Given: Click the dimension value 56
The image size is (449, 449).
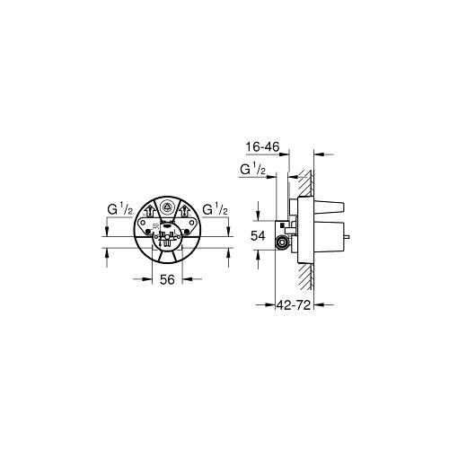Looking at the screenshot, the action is [167, 279].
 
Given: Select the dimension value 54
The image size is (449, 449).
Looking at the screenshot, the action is [258, 236].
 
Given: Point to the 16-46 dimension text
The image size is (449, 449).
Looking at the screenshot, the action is [262, 147].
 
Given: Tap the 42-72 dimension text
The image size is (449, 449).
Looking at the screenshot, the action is [294, 305].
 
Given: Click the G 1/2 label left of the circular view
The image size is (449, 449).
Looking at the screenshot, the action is [120, 209].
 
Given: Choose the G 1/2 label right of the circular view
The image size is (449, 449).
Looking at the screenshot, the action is [215, 209].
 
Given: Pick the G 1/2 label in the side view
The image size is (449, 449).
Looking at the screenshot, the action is [253, 170].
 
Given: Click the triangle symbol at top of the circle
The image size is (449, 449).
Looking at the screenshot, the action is [167, 207].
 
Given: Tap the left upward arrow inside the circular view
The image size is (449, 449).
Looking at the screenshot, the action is [150, 211].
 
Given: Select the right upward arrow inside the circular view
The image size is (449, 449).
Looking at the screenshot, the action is [183, 211].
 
